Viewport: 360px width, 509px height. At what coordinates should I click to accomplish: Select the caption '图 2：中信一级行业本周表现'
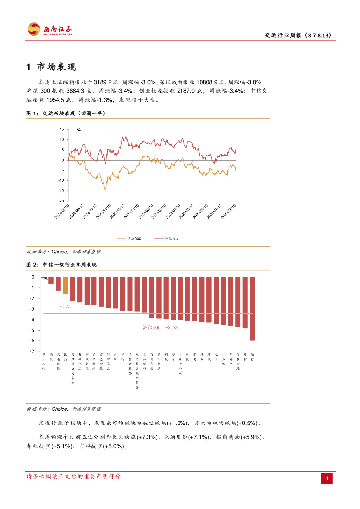[x=61, y=265]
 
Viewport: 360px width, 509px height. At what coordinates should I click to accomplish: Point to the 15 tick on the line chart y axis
[x=62, y=129]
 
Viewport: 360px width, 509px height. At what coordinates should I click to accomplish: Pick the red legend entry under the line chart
[x=166, y=239]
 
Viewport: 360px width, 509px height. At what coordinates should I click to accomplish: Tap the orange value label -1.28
[x=65, y=306]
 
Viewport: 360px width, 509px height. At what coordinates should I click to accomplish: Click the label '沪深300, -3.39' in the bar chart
[x=160, y=327]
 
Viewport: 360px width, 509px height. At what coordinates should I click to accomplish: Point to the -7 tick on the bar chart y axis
[x=33, y=351]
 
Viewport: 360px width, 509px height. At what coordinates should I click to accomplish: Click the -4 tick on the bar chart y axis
[x=33, y=320]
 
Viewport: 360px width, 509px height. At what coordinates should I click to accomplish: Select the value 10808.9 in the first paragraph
[x=208, y=82]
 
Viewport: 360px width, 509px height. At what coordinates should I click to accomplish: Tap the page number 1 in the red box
[x=327, y=479]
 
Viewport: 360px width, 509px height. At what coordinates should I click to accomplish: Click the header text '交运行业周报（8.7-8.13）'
[x=297, y=35]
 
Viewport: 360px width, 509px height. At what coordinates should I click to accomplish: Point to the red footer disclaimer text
[x=74, y=477]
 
